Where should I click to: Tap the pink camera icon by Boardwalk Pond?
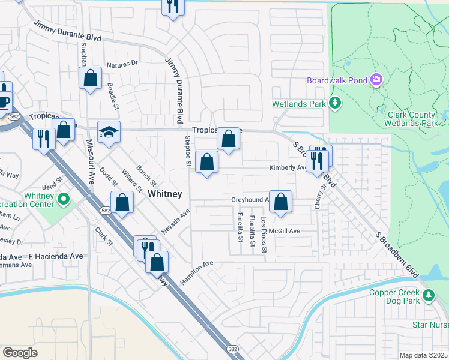(376, 79)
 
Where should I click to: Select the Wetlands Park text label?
(298, 104)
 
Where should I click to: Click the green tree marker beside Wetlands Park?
(335, 104)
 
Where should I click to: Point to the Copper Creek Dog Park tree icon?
(429, 295)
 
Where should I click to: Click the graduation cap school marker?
(109, 132)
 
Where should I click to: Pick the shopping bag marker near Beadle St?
(90, 78)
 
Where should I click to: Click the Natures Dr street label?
(122, 63)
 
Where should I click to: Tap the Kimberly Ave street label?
(288, 168)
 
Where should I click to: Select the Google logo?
(20, 353)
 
